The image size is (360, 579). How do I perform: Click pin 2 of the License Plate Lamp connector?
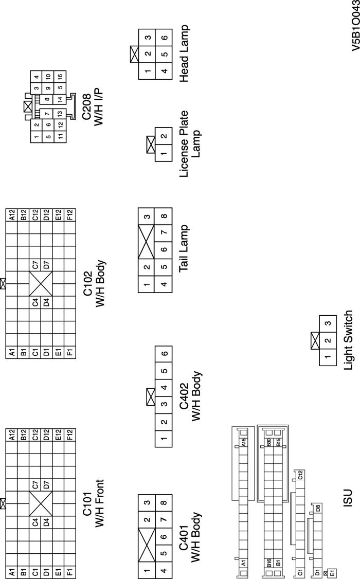pos(164,137)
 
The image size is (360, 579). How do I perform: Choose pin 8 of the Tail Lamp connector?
pos(164,216)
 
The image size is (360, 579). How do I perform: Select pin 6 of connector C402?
pos(164,353)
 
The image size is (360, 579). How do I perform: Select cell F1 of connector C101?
pos(70,571)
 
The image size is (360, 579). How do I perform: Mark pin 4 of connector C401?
pos(164,570)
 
